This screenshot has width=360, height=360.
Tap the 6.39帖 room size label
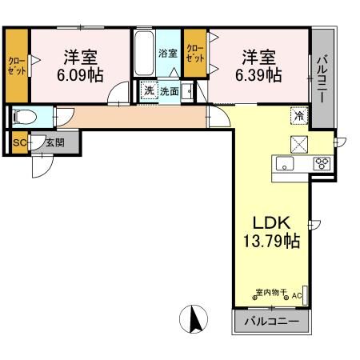261,76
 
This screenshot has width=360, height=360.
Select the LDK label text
270,222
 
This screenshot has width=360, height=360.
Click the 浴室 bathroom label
168,54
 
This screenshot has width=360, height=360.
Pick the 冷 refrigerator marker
298,116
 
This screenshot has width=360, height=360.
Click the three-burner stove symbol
322,164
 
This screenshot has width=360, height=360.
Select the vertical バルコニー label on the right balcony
322,78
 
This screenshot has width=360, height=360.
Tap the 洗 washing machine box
149,91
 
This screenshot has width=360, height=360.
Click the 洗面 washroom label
169,91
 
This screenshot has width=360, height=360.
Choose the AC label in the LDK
297,296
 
